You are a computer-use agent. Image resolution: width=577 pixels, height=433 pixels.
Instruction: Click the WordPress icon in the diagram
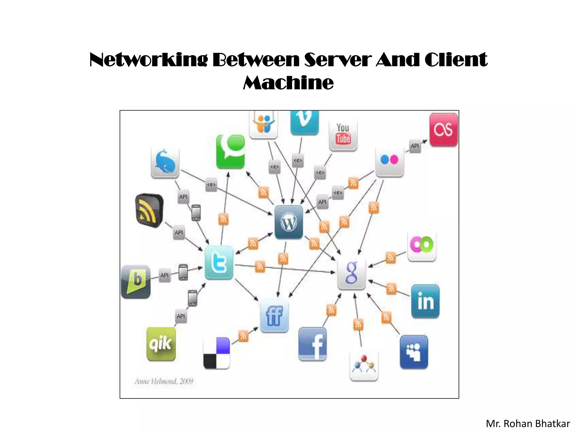click(289, 222)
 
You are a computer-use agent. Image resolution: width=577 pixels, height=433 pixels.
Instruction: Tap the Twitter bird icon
click(219, 263)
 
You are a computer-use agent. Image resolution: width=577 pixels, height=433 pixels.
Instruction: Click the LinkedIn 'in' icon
click(425, 301)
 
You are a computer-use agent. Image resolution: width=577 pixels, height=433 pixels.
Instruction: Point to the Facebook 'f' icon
click(312, 344)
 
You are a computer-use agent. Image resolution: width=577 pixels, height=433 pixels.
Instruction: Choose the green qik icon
click(161, 344)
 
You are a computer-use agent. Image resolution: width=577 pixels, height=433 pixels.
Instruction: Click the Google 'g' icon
click(351, 273)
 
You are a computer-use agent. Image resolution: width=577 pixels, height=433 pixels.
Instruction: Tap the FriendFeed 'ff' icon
click(274, 315)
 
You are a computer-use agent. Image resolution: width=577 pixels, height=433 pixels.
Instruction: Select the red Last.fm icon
click(443, 130)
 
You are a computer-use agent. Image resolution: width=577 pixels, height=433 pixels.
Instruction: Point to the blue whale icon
click(165, 163)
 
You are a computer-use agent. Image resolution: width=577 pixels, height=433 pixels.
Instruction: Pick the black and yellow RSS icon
click(149, 210)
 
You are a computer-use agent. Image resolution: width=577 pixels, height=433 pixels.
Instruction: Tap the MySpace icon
click(414, 352)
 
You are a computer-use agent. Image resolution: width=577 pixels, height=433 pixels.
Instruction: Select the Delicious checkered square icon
click(216, 353)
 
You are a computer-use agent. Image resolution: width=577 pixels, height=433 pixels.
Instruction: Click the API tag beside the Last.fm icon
click(415, 146)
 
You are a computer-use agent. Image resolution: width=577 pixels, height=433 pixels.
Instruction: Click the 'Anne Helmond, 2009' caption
click(164, 381)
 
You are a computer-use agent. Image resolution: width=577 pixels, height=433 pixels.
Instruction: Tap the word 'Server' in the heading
click(338, 60)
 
